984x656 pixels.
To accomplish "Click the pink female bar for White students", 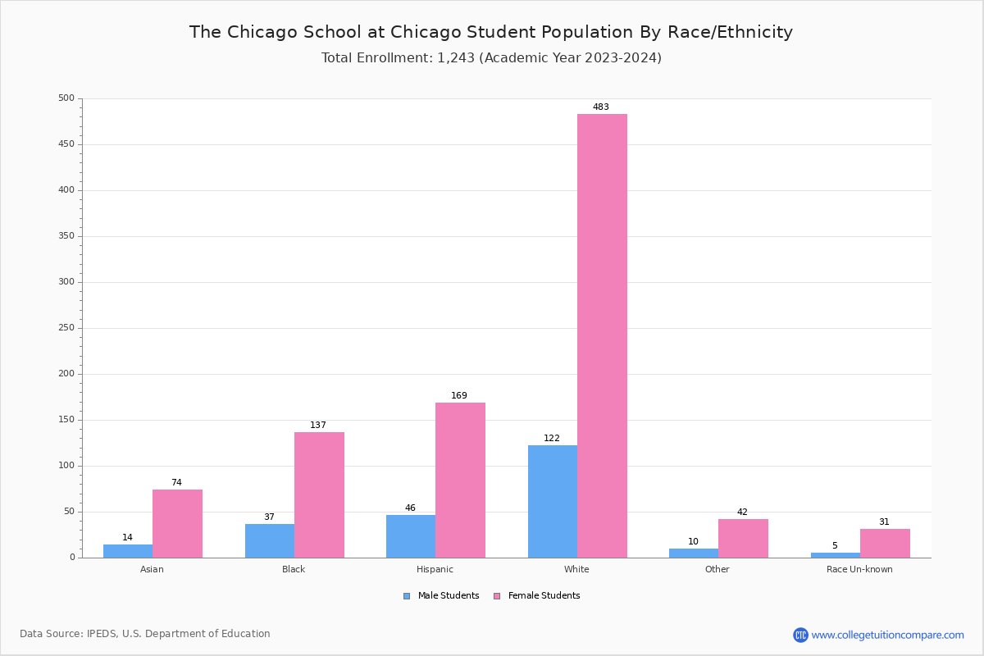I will tap(602, 335).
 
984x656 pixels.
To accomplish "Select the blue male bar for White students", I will tap(552, 501).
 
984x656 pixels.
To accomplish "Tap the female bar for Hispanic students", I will tap(460, 480).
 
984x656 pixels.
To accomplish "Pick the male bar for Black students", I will tap(269, 540).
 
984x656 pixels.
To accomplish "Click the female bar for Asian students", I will tap(177, 523).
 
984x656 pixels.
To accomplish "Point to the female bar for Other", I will tap(743, 538).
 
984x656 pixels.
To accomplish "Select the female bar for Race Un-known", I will tap(885, 543).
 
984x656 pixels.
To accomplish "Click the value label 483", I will tap(601, 107).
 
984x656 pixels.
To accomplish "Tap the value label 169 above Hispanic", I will tap(459, 396).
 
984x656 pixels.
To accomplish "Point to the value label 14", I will tap(127, 538).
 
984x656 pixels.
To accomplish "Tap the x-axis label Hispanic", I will tap(435, 569).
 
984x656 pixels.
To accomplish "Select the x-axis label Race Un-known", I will tap(859, 569).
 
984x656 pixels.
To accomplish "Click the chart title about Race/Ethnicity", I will tap(491, 32).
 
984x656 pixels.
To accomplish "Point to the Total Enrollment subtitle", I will tap(491, 58).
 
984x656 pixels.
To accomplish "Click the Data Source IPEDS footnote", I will tap(145, 634).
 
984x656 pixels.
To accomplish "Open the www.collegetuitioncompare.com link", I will tap(887, 635).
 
